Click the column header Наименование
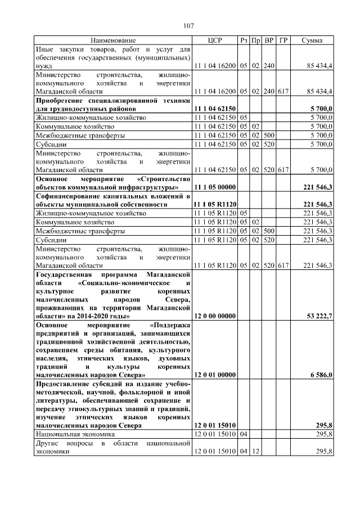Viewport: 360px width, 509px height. [113, 41]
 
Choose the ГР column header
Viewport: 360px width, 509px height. [283, 41]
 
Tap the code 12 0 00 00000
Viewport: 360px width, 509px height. [215, 317]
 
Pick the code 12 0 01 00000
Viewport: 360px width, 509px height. [215, 374]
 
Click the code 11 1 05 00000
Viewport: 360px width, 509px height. [215, 187]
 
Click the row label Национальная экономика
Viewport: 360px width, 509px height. [75, 435]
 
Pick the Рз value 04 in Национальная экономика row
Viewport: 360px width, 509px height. [244, 435]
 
